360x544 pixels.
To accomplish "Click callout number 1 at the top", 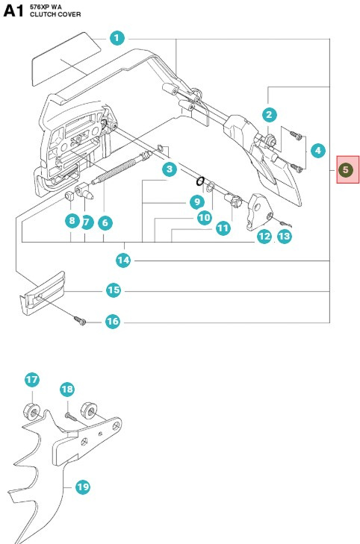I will (117, 37).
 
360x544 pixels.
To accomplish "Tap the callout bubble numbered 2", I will (270, 114).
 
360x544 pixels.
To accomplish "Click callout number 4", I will (318, 151).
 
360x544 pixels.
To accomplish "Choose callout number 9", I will (196, 201).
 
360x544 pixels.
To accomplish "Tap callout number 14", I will (124, 260).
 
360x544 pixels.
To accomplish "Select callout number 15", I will (114, 290).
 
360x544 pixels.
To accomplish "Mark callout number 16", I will (112, 322).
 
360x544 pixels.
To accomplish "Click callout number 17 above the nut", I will (32, 380).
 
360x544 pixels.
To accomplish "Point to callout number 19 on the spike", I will (82, 487).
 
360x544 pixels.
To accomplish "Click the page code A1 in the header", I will (14, 13).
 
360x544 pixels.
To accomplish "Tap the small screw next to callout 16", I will (79, 320).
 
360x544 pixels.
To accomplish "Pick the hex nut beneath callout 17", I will (32, 410).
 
